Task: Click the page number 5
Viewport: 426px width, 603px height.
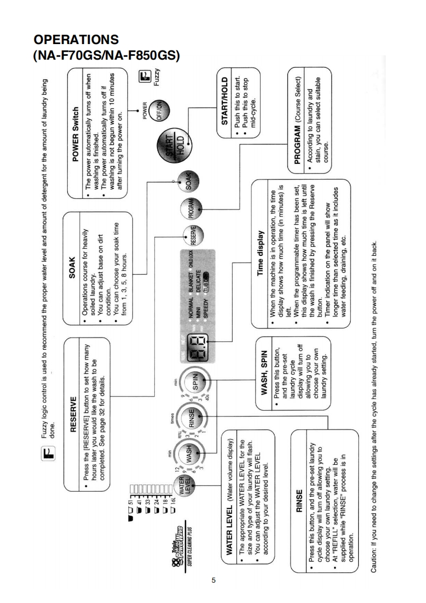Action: point(214,580)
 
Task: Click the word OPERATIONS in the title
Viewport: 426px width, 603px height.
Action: point(76,41)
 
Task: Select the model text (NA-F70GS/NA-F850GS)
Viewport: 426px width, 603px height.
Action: point(106,56)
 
